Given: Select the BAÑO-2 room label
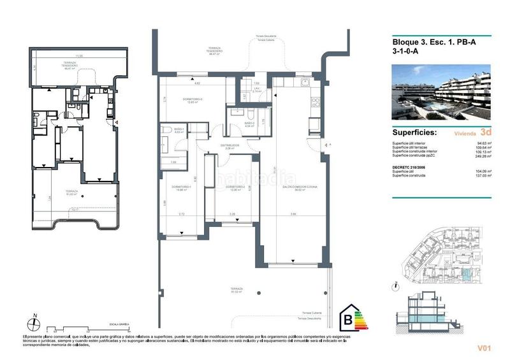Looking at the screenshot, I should [249, 125].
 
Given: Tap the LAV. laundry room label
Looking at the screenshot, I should [257, 90].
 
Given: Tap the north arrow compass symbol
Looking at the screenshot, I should [36, 322].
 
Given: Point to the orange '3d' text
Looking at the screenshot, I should [486, 134].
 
